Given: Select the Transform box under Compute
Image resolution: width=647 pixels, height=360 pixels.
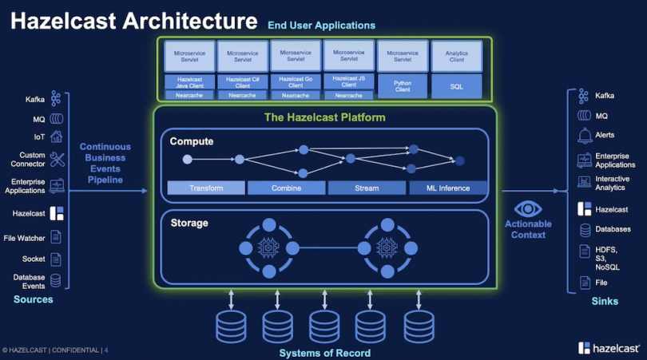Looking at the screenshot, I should click(206, 188).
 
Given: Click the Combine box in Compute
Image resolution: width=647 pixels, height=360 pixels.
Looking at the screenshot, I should click(287, 188).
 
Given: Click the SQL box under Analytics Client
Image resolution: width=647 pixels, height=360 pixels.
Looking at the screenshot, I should click(456, 85).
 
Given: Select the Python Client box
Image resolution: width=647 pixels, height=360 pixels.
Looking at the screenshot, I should click(403, 85).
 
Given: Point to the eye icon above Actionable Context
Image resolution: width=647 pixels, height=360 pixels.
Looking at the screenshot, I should click(528, 210).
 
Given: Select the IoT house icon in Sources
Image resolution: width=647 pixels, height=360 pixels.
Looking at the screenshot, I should click(56, 136).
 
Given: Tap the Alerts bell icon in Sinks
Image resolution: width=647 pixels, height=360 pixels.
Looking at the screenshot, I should click(583, 136).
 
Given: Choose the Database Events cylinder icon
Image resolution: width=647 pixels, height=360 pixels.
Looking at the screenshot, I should click(56, 280).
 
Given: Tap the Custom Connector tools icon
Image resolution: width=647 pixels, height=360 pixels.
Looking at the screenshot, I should click(57, 160).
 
